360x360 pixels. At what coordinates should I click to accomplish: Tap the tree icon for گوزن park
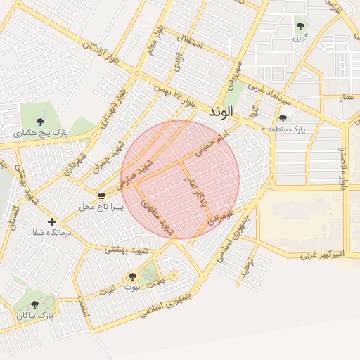[300, 27]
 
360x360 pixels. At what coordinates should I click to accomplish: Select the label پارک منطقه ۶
[284, 129]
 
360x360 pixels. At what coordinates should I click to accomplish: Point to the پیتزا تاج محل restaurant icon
[102, 194]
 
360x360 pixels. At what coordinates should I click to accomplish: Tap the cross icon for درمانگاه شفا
[51, 221]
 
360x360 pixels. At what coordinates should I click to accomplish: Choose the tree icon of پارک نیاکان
[33, 304]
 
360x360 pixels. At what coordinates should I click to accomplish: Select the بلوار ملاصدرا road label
[344, 166]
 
